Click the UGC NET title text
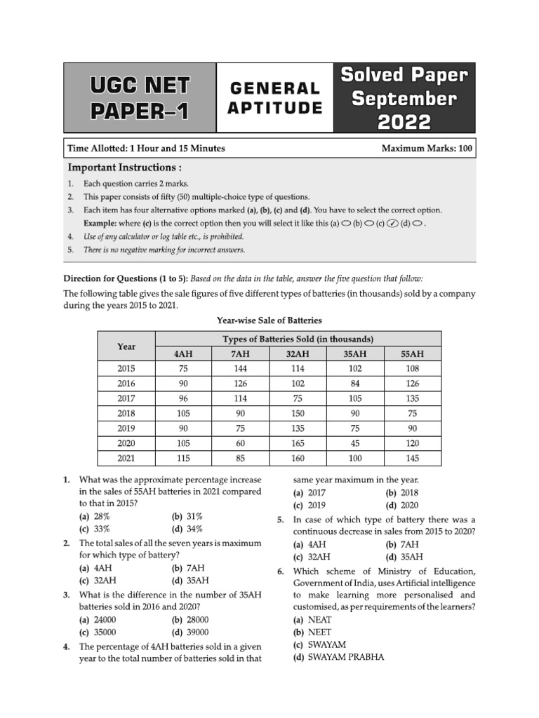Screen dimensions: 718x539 [x=139, y=86]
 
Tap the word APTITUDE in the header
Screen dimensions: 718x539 [x=274, y=107]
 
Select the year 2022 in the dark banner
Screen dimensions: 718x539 [x=404, y=121]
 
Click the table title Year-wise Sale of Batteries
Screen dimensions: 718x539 [x=269, y=320]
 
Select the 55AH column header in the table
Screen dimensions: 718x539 [x=412, y=354]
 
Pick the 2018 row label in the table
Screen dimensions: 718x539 [x=126, y=413]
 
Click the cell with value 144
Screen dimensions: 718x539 [x=240, y=369]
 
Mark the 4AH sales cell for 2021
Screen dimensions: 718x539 [x=182, y=457]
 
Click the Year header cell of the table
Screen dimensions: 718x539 [x=126, y=346]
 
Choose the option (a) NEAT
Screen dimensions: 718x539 [x=313, y=620]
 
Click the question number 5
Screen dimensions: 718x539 [x=280, y=520]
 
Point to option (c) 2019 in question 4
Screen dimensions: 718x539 [x=310, y=505]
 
